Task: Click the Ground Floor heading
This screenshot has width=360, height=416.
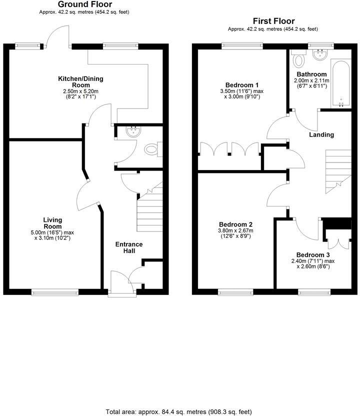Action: pyautogui.click(x=84, y=4)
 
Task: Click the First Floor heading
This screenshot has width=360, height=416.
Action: pyautogui.click(x=273, y=21)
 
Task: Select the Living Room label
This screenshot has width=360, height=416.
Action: pyautogui.click(x=52, y=223)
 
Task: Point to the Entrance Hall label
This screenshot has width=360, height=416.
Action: pyautogui.click(x=129, y=247)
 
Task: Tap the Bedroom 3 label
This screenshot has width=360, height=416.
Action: pyautogui.click(x=312, y=254)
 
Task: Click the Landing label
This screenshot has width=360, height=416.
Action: pyautogui.click(x=321, y=134)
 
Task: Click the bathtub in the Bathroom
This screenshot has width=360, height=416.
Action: pyautogui.click(x=340, y=84)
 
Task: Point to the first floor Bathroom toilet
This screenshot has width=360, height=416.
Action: pyautogui.click(x=299, y=59)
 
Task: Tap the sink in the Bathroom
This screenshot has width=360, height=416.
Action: pyautogui.click(x=318, y=52)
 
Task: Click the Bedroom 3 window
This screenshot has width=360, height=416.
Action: pyautogui.click(x=314, y=291)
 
